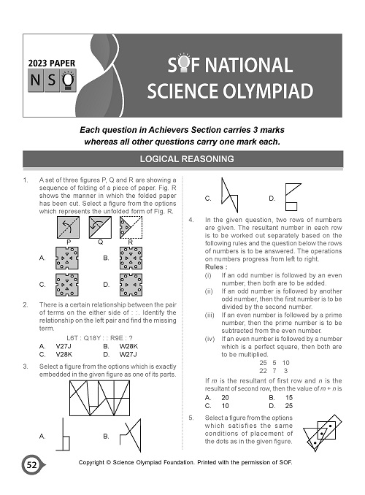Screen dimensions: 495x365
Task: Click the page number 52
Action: tap(31, 464)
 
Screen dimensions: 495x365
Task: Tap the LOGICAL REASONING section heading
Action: tap(182, 158)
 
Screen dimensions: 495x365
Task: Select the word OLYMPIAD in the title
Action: tap(271, 91)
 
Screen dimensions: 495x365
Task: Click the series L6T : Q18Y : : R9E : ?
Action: tap(101, 337)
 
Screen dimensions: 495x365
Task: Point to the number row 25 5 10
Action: tap(274, 363)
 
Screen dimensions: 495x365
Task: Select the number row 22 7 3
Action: tap(274, 371)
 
